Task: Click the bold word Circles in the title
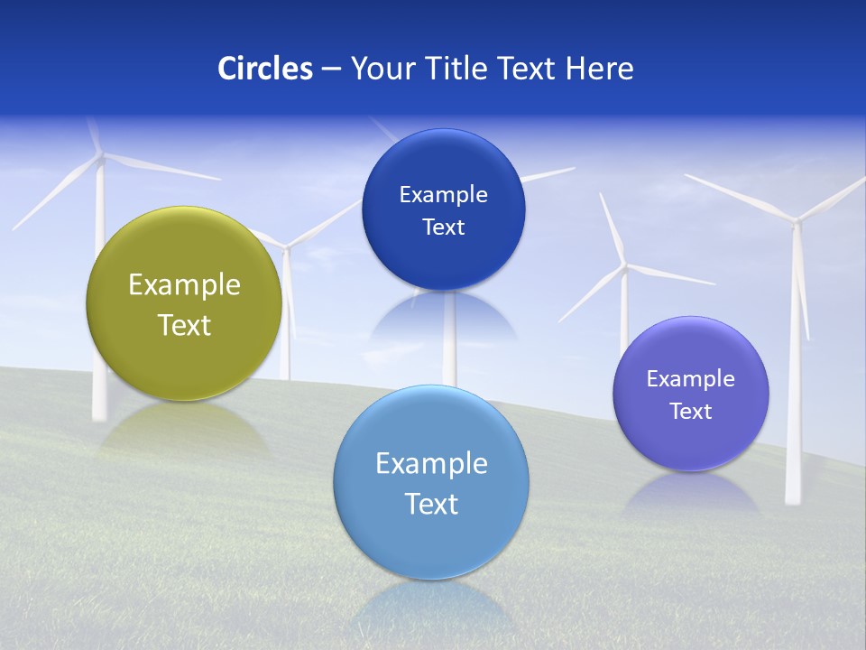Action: [x=265, y=69]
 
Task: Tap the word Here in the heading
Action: [x=600, y=69]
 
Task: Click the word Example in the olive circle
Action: [x=184, y=284]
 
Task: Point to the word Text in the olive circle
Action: [x=184, y=325]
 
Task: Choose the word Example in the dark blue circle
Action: [x=443, y=194]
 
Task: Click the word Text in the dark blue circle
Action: [x=443, y=227]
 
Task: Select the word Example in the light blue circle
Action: [x=431, y=463]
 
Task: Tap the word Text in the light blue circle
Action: [x=431, y=504]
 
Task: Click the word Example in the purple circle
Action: [x=691, y=378]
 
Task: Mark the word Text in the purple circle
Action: [x=691, y=411]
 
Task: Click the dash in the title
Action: [x=331, y=70]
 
